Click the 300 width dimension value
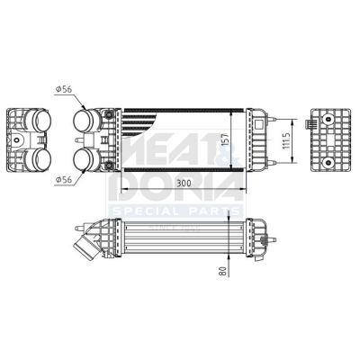coord(184,183)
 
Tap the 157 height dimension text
coord(225,140)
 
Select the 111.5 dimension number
coord(286,141)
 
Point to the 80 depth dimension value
coord(223,272)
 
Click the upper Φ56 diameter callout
coord(64,89)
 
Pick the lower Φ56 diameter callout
coord(64,179)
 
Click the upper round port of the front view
coord(84,121)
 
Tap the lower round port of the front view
coord(84,159)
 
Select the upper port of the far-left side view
coord(40,121)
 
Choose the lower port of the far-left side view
coord(40,159)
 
